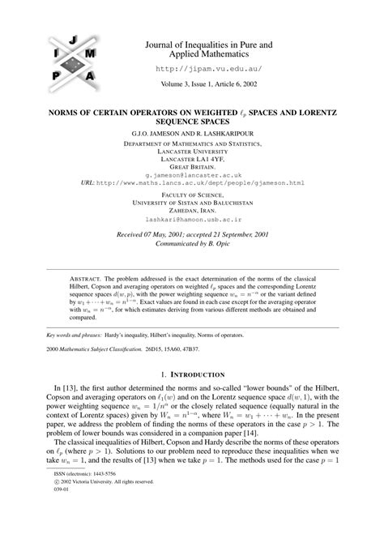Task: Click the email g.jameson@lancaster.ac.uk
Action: tap(192, 174)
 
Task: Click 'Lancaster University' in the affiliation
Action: tap(192, 151)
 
